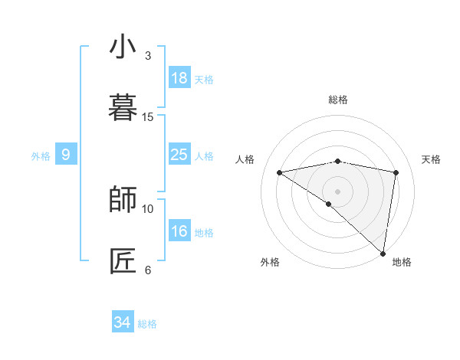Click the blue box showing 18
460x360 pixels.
pos(179,78)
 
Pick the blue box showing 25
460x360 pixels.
pos(179,155)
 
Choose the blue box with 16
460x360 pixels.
pos(179,231)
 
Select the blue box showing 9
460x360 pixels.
pos(66,155)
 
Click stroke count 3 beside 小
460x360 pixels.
pos(148,56)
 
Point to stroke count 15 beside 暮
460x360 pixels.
pos(148,117)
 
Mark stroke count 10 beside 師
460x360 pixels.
pos(148,208)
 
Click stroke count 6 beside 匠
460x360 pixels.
pos(148,270)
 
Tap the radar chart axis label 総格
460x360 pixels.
pos(338,100)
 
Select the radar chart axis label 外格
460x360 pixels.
pos(270,262)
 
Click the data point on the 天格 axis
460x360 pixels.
pos(396,172)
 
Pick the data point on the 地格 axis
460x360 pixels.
pos(383,254)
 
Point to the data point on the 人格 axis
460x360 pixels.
pos(280,172)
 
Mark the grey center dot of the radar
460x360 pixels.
pos(337,191)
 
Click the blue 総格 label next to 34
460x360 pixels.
pos(147,324)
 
